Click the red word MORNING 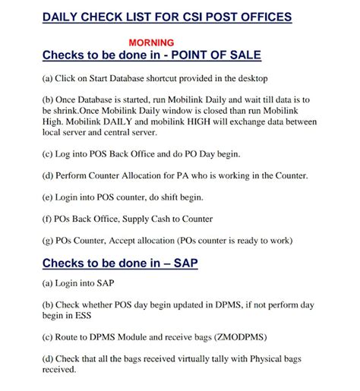pyautogui.click(x=151, y=43)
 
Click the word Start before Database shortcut pyautogui.click(x=100, y=78)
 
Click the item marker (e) pyautogui.click(x=49, y=197)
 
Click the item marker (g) pyautogui.click(x=49, y=241)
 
